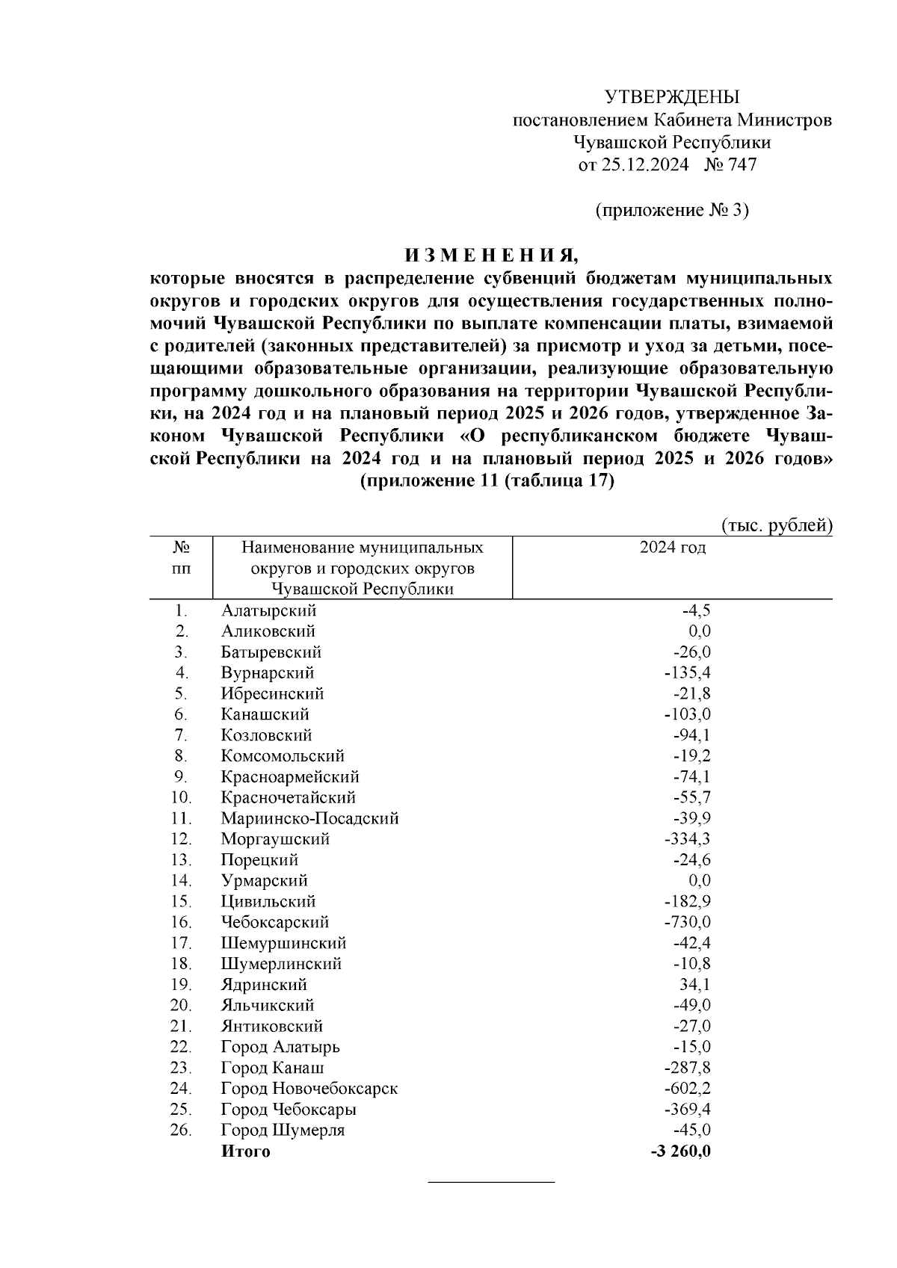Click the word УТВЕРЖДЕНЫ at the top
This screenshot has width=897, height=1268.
pos(671,96)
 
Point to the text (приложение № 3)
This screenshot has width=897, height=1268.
pos(671,210)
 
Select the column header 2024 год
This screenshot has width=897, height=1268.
pos(672,548)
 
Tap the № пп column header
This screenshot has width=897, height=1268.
pos(181,558)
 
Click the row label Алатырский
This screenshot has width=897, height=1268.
pos(268,610)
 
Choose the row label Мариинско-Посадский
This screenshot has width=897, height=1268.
pos(309,818)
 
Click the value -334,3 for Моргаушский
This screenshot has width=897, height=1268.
pos(687,839)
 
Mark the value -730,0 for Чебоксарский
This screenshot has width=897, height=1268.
pos(687,922)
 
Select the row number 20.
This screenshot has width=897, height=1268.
pos(181,1006)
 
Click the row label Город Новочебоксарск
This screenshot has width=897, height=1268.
pos(309,1089)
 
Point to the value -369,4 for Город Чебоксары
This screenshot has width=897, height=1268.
pos(687,1110)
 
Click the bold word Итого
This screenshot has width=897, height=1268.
pos(245,1151)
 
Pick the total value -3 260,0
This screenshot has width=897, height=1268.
pos(680,1151)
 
